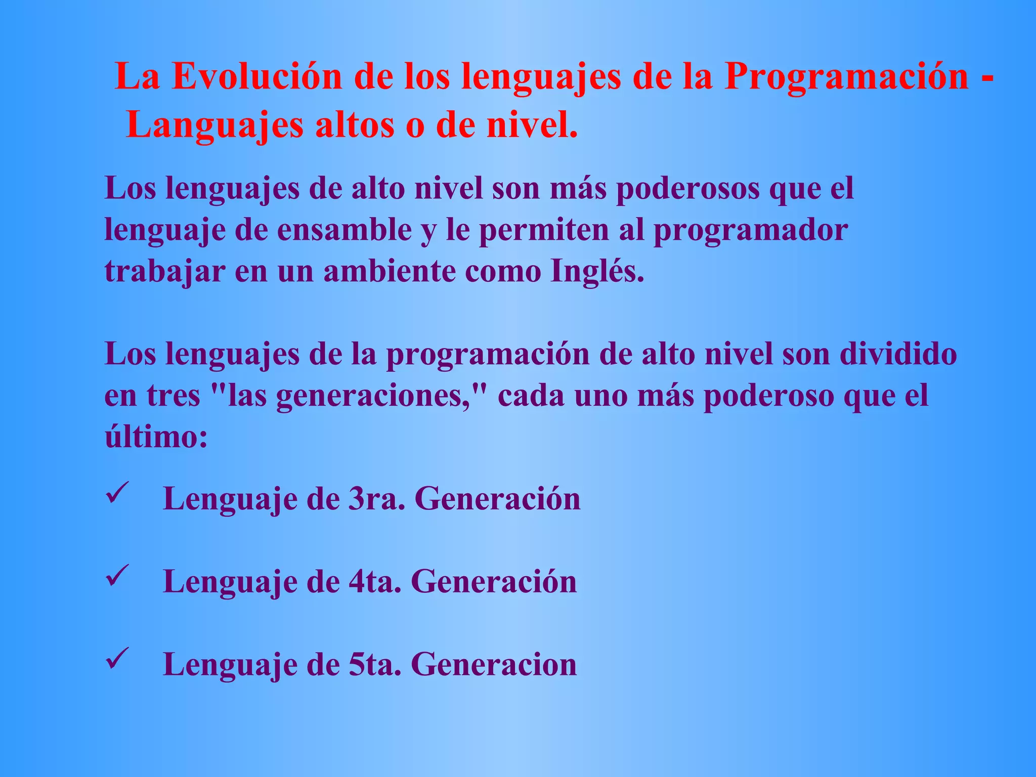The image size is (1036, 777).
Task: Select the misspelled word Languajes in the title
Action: click(214, 125)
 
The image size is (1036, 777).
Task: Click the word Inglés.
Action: click(597, 272)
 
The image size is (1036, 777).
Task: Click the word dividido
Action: click(898, 354)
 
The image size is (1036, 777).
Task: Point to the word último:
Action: click(156, 437)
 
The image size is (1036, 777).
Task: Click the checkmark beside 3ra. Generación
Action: click(117, 493)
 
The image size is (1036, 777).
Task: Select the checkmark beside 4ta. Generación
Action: click(117, 576)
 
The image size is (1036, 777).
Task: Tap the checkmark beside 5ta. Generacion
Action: click(117, 659)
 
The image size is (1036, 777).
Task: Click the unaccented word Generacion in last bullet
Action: click(494, 665)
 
